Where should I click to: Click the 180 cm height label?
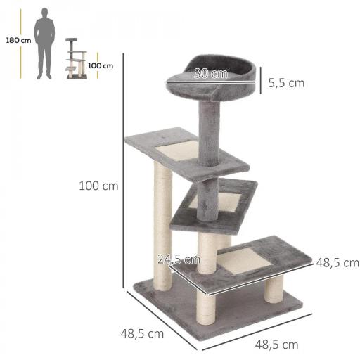pyautogui.click(x=18, y=40)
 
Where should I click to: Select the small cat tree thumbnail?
pyautogui.click(x=76, y=59)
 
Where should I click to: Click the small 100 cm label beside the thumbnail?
pyautogui.click(x=101, y=65)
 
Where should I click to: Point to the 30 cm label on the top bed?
pyautogui.click(x=210, y=74)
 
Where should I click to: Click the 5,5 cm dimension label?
pyautogui.click(x=286, y=82)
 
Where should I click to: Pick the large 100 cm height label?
pyautogui.click(x=98, y=186)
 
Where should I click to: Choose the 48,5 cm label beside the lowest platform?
pyautogui.click(x=337, y=262)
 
